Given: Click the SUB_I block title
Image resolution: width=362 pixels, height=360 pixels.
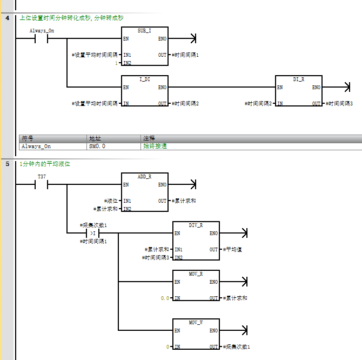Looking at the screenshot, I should (x=144, y=31).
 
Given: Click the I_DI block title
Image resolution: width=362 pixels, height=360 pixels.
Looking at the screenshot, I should (x=144, y=79).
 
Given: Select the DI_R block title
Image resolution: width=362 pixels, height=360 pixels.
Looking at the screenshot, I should (x=298, y=79).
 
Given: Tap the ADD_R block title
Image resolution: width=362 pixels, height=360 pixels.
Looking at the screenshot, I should (x=144, y=177).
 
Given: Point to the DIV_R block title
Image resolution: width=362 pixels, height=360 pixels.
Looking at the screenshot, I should (x=196, y=225).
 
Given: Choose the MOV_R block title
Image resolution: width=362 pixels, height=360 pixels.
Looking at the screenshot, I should (x=196, y=274).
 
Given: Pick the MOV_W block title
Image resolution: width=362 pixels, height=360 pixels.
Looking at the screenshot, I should (x=196, y=323).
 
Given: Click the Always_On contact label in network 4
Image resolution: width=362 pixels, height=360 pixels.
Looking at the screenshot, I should (x=42, y=31).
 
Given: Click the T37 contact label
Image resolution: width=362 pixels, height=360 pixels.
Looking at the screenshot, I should (x=41, y=177).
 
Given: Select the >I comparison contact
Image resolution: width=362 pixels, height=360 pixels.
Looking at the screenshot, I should (x=92, y=233).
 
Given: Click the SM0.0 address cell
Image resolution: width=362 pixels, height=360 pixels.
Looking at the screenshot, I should (x=97, y=146).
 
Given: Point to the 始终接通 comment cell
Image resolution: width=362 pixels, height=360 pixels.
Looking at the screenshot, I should (x=155, y=146).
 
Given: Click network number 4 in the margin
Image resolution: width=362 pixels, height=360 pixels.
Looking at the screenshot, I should (x=7, y=18).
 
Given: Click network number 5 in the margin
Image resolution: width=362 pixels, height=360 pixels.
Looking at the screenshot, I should (x=7, y=164).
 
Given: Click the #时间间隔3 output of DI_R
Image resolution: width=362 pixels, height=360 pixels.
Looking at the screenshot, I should (x=339, y=103).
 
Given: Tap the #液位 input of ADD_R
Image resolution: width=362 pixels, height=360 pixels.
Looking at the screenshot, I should (x=111, y=201).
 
